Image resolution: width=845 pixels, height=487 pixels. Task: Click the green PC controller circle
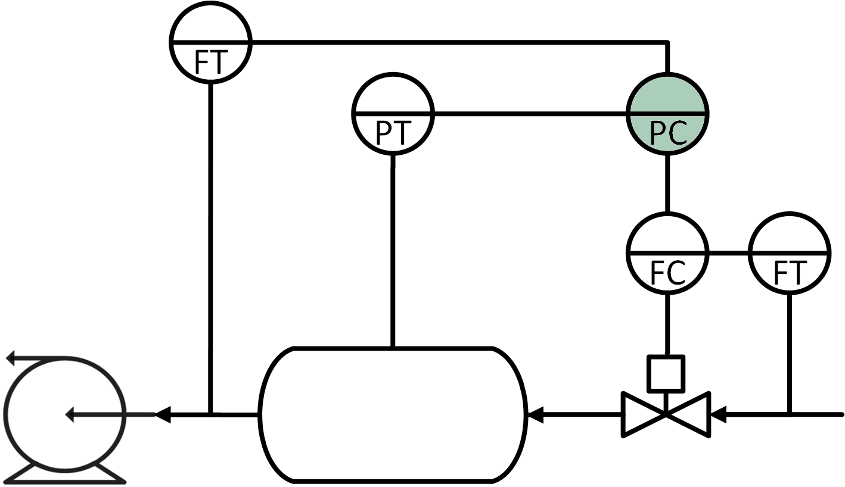tap(667, 113)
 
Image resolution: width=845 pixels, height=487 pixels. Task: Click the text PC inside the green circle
tap(668, 133)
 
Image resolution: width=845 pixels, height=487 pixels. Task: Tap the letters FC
tap(667, 273)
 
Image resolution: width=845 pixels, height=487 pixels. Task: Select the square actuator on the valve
tap(666, 373)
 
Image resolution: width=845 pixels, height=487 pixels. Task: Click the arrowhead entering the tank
tap(535, 414)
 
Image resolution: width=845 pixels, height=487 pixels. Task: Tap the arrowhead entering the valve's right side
tap(719, 414)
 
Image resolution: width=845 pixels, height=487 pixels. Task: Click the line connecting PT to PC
tap(530, 113)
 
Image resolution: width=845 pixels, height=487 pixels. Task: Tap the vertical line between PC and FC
tap(667, 183)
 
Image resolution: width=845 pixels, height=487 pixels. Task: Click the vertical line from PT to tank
tap(393, 250)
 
